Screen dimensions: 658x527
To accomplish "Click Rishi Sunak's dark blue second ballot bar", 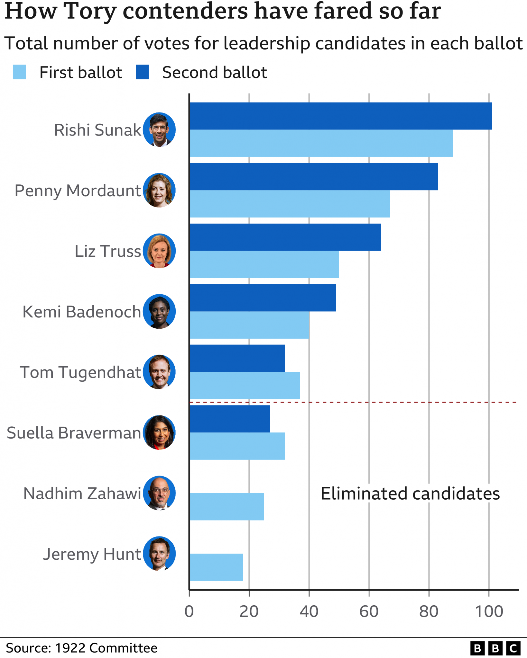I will tap(340, 116).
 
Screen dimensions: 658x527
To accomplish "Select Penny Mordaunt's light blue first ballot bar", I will tap(290, 204).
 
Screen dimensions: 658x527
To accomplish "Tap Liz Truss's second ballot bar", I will tap(285, 237).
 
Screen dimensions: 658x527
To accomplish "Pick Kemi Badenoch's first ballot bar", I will tap(249, 325).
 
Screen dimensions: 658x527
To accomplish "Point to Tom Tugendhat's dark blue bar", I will tap(237, 358).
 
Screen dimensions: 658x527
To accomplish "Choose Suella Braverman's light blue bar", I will tap(237, 446).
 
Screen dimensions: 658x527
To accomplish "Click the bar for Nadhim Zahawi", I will tap(227, 507).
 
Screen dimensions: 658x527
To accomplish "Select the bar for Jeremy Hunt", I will tap(216, 567).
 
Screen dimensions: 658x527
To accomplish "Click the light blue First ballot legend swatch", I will tap(19, 72).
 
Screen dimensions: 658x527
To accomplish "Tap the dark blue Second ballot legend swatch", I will tap(142, 72).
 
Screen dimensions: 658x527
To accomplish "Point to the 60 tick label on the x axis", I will tap(369, 611).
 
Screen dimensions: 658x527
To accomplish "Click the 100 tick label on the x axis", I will tap(489, 611).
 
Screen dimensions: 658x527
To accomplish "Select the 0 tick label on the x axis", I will tap(189, 611).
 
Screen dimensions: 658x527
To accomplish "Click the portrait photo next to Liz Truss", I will tap(159, 251).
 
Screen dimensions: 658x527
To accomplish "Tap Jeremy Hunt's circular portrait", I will tap(159, 554).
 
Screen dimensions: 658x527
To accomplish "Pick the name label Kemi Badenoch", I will tap(82, 312).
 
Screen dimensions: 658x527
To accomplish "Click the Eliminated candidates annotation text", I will tap(410, 493).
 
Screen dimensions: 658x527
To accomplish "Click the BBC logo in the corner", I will tap(495, 648).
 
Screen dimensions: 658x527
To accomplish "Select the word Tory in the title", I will tap(90, 12).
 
